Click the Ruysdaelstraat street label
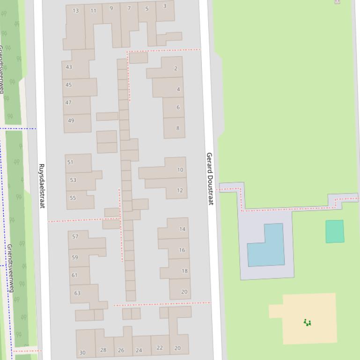[41, 186]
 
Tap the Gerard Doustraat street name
[210, 178]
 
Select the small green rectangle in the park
[335, 231]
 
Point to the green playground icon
[307, 322]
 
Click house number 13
[76, 11]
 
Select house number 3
[165, 6]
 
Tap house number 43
[69, 67]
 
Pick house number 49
[71, 120]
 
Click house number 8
[178, 128]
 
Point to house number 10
[180, 170]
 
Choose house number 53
[73, 180]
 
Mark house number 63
[77, 293]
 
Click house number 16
[182, 250]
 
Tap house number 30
[82, 353]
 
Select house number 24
[139, 350]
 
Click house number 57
[75, 236]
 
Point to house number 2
[176, 68]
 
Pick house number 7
[129, 8]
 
